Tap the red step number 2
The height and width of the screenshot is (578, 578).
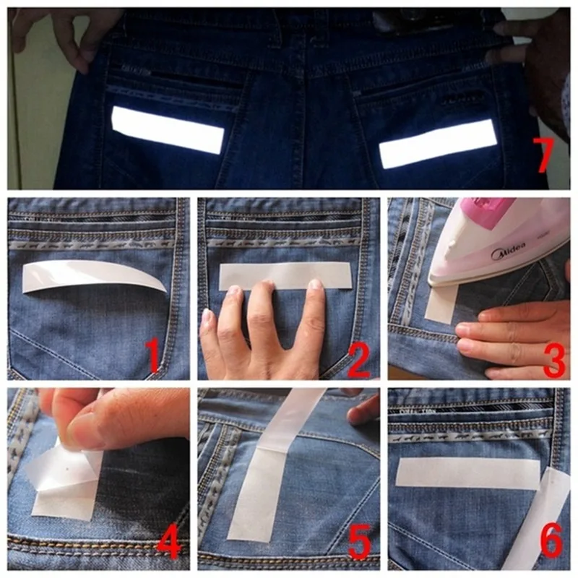point(359,359)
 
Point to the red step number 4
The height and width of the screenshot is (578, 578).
point(169,540)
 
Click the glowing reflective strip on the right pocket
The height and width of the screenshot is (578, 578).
point(439,143)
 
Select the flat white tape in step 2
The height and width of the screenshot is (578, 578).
point(285,275)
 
